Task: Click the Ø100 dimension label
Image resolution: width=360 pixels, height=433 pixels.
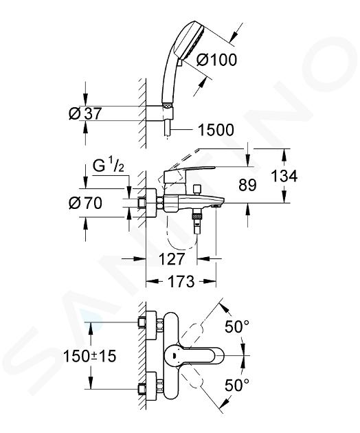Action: click(216, 60)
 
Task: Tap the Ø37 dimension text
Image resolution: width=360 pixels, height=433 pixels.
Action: click(85, 113)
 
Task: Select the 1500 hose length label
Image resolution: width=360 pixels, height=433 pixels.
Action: click(216, 130)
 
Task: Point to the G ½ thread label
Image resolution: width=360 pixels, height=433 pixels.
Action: click(109, 166)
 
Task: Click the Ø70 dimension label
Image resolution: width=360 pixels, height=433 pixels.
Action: click(85, 203)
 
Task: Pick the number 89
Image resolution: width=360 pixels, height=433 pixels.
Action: click(247, 185)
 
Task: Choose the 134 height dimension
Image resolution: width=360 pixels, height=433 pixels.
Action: click(284, 176)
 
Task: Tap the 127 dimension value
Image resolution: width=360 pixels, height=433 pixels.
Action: click(171, 259)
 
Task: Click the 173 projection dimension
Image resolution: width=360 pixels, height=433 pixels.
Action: click(181, 281)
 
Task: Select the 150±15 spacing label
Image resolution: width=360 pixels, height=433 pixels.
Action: click(90, 356)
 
